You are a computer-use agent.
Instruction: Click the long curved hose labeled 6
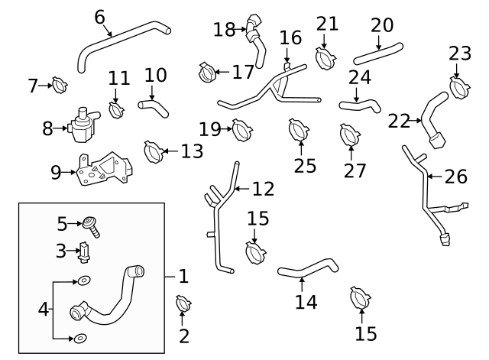coord(122,42)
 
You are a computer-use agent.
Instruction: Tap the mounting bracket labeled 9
coord(103,172)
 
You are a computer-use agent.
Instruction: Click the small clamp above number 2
coord(183,305)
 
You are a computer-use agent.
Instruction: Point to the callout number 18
coord(224,30)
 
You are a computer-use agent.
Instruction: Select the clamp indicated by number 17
coord(207,72)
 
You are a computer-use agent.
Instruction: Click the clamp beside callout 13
coord(153,151)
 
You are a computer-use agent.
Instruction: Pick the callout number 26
coord(455,177)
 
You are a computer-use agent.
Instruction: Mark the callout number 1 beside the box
coord(183,276)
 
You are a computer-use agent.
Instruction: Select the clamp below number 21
coord(326,57)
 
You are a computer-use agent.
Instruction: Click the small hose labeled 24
coord(360,103)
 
